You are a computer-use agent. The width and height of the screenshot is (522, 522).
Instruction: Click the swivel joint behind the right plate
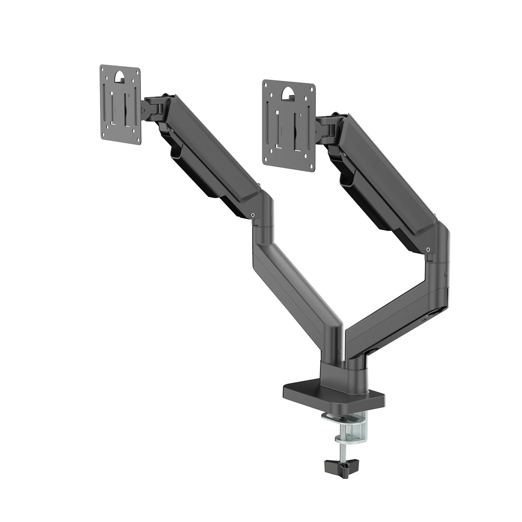(325, 127)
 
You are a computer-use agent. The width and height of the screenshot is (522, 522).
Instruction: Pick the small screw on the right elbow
(428, 249)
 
